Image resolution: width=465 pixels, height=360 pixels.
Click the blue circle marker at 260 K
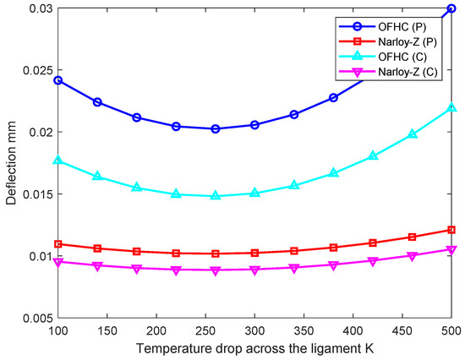pyautogui.click(x=216, y=128)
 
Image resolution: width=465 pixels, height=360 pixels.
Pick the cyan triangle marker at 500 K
pyautogui.click(x=452, y=108)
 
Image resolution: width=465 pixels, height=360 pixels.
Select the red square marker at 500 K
pyautogui.click(x=452, y=230)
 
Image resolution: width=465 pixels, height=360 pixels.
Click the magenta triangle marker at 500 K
pyautogui.click(x=452, y=249)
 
